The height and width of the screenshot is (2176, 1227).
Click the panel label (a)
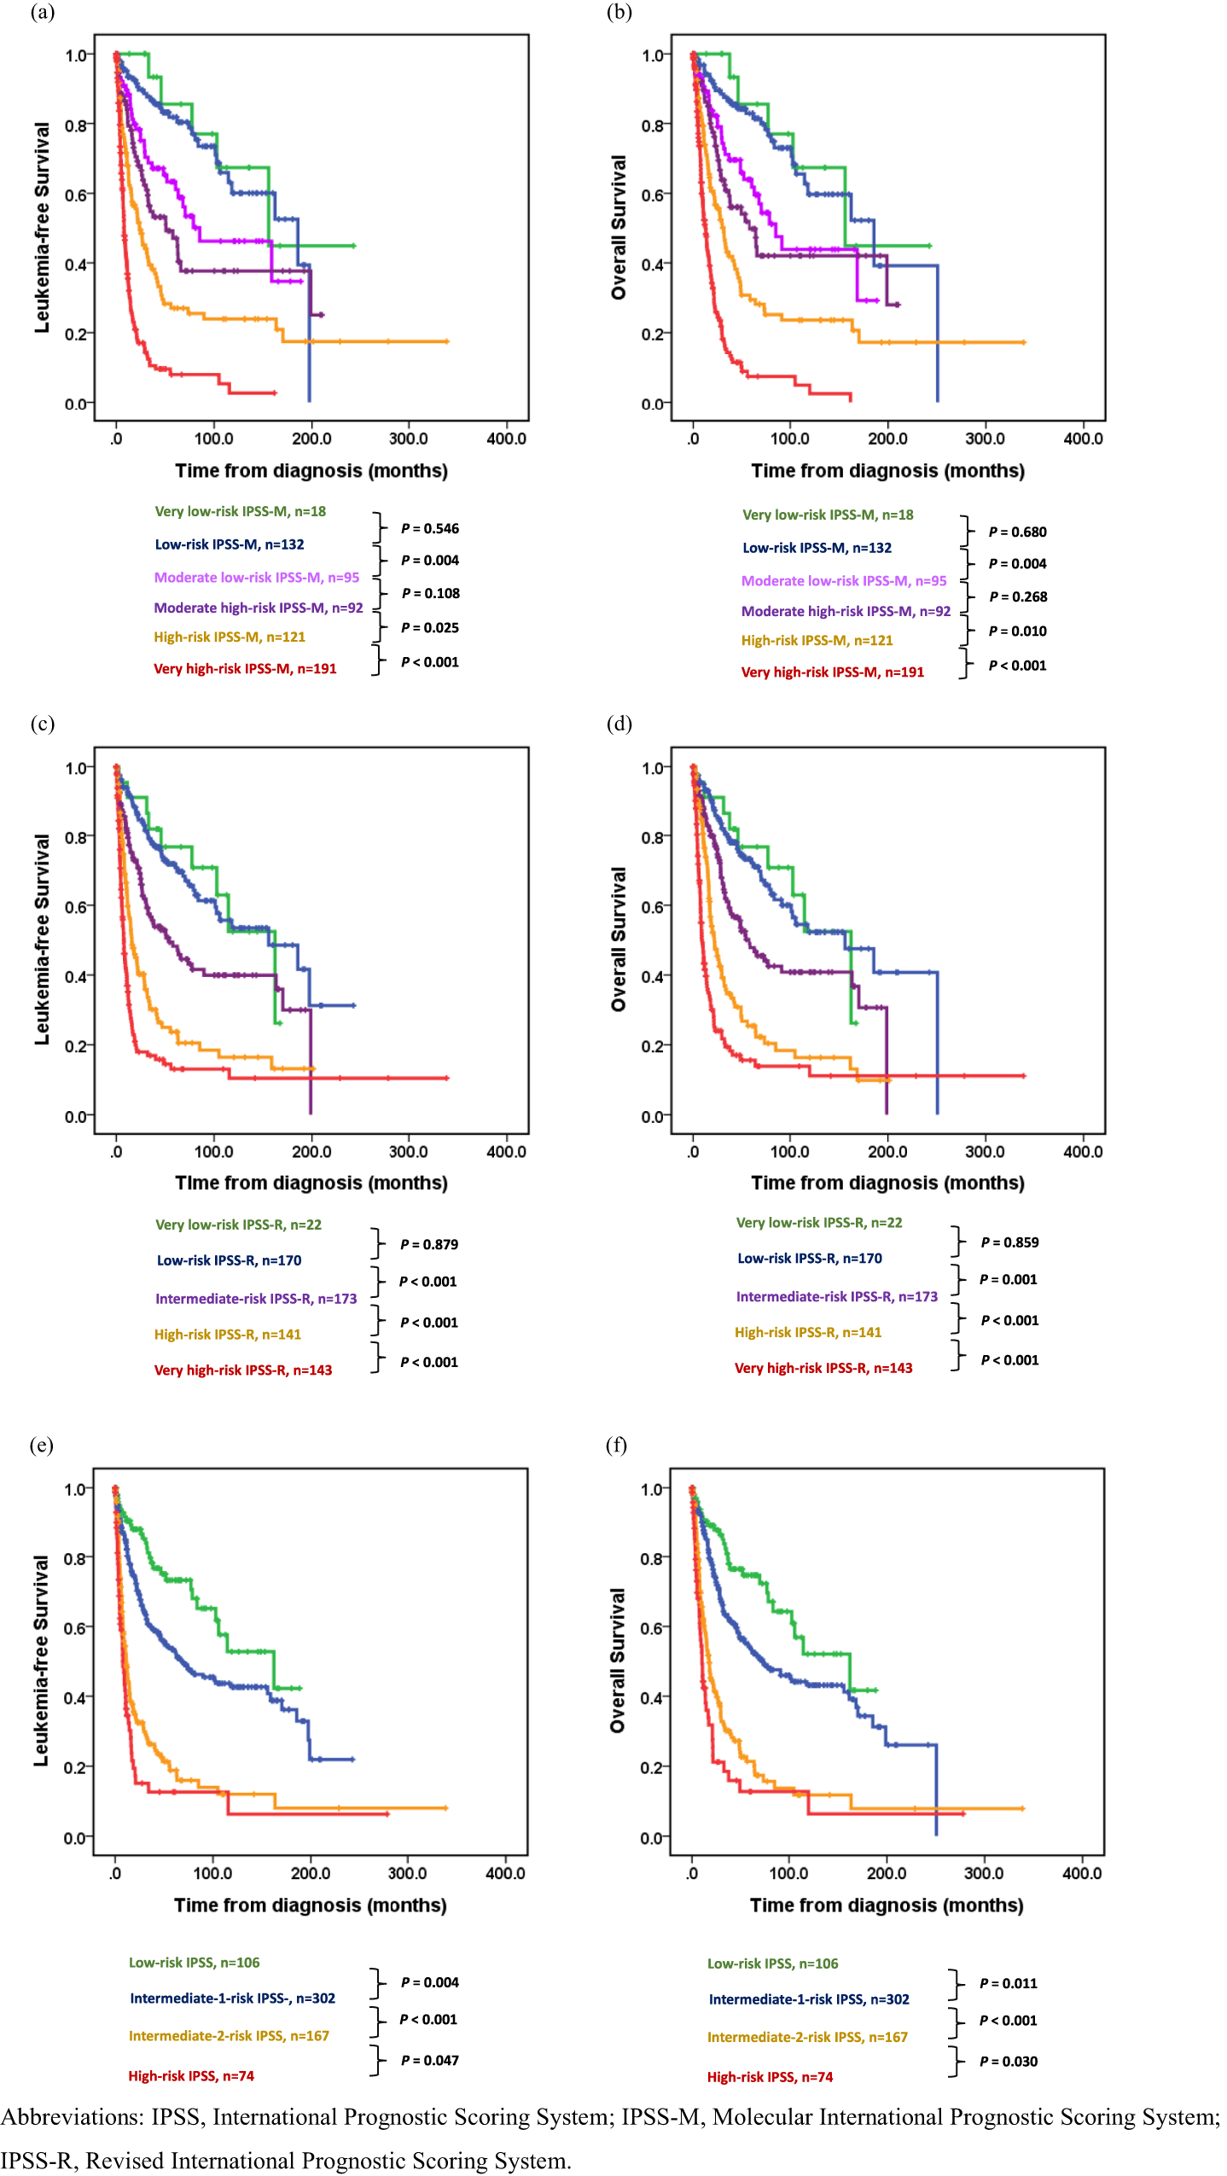coord(42,12)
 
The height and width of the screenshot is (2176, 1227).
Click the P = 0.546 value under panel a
coord(430,529)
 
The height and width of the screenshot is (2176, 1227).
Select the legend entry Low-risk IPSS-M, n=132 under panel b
coord(817,548)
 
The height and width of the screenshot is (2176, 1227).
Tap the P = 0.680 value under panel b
coord(1017,532)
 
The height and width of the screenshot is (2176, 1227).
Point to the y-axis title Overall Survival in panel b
coord(619,227)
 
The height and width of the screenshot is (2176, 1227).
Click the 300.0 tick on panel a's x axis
coord(409,439)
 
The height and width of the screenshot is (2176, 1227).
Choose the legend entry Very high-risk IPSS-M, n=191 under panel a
coord(245,669)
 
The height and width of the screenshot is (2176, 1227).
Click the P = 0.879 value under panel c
coord(429,1245)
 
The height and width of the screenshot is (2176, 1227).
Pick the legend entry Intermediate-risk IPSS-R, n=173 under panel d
coord(836,1297)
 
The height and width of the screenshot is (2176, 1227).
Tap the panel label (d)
coord(619,724)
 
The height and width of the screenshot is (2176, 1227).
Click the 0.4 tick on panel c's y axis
coord(76,976)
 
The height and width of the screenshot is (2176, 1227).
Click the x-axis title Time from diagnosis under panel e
coord(311,1905)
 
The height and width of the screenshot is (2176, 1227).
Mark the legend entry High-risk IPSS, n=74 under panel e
coord(191,2076)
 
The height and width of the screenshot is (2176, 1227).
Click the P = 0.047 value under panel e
coord(429,2061)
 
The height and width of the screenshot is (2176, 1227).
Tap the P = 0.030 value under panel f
coord(1009,2062)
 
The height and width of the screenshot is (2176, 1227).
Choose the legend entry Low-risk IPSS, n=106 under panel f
coord(772,1964)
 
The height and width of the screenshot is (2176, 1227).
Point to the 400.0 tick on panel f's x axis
coord(1081,1874)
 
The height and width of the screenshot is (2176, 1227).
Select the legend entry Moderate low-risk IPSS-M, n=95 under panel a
coord(256,578)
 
